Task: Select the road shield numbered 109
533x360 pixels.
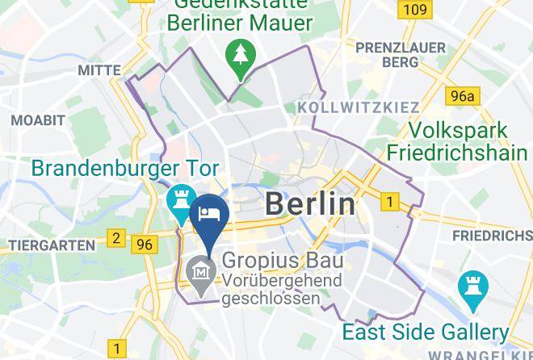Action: tap(413, 10)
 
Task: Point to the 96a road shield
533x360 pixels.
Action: tap(463, 97)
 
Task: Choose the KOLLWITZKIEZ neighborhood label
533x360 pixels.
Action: tap(359, 107)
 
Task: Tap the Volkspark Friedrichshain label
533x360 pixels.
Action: tap(457, 141)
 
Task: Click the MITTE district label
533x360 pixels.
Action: tap(99, 71)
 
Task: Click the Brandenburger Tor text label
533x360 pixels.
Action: tap(125, 170)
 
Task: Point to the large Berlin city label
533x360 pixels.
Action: tap(310, 204)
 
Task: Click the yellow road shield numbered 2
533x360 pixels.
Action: tap(116, 238)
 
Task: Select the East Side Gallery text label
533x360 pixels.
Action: tap(425, 332)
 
